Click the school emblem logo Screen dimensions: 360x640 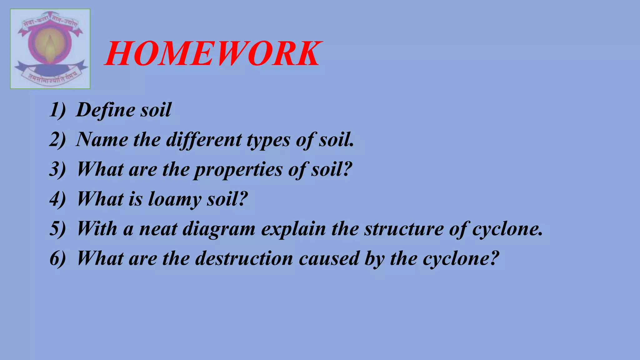[50, 49]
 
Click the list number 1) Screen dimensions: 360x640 [57, 110]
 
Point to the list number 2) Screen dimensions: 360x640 [57, 140]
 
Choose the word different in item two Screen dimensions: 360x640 [204, 140]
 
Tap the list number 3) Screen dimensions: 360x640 [57, 169]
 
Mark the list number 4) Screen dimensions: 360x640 [57, 199]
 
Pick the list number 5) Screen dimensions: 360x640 [57, 229]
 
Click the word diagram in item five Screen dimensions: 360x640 [219, 229]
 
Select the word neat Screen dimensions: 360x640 [158, 229]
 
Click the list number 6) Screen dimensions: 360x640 [57, 258]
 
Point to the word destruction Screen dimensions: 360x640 [244, 258]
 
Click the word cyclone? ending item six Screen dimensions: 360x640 [461, 259]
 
